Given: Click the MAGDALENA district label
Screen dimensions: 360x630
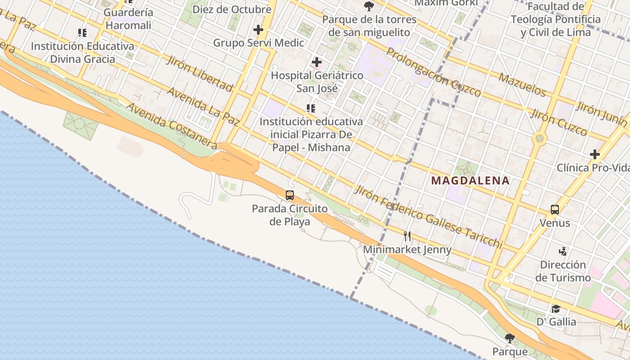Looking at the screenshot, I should click(x=470, y=181).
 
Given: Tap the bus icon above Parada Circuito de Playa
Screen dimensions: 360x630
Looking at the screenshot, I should click(x=290, y=195).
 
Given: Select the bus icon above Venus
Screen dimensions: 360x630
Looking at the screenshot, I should click(x=555, y=210).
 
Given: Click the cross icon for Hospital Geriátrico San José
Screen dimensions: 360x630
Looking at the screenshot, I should click(x=317, y=62).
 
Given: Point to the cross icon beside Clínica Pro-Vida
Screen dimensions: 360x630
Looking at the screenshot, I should click(x=595, y=154).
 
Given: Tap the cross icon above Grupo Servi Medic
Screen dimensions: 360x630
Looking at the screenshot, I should click(x=258, y=30).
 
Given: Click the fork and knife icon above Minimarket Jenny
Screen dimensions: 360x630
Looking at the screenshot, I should click(x=407, y=236).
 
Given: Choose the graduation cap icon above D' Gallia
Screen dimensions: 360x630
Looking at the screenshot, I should click(x=556, y=309).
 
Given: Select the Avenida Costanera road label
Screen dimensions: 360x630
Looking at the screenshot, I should click(x=172, y=126).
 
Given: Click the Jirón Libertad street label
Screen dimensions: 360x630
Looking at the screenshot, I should click(x=199, y=73).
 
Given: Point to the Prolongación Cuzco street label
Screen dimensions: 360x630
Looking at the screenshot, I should click(x=433, y=72).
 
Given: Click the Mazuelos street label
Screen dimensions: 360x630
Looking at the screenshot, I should click(x=522, y=84).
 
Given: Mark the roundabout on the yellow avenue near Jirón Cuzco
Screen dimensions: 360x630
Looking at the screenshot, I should click(x=540, y=139).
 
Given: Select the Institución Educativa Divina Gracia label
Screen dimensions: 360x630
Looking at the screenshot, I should click(x=82, y=53).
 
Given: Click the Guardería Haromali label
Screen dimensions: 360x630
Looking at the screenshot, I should click(x=128, y=19).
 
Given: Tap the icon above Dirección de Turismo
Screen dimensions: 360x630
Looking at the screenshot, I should click(x=562, y=251).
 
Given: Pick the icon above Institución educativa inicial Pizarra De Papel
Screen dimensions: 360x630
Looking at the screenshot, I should click(x=310, y=108).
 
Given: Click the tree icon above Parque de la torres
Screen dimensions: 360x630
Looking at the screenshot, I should click(x=369, y=6).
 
